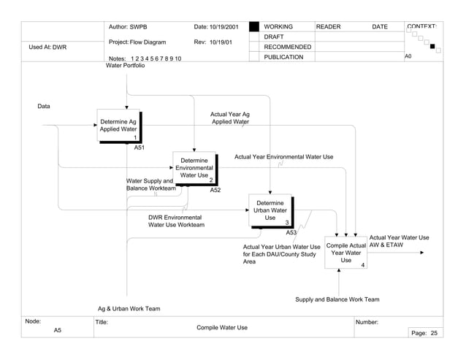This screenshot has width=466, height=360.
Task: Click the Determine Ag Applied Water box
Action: (118, 126)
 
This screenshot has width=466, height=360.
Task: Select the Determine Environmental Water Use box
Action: (194, 169)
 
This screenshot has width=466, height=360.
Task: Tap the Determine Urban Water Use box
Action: (270, 210)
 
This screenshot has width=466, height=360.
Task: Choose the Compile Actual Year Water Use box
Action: (345, 253)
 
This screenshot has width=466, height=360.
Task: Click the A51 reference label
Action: (140, 148)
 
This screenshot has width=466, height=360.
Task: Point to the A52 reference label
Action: (215, 190)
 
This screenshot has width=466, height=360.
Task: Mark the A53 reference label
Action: (291, 232)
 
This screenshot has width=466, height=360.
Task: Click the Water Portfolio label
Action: (126, 66)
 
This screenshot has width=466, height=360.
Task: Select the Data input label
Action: (44, 107)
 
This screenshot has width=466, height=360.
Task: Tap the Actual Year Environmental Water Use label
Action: (283, 157)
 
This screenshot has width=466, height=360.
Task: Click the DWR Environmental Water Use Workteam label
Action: (176, 221)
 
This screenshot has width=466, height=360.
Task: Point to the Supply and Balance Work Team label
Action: (337, 299)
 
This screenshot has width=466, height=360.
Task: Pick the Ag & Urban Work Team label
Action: (129, 309)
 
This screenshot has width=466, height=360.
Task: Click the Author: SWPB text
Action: (129, 27)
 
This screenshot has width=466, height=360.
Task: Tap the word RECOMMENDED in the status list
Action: (287, 47)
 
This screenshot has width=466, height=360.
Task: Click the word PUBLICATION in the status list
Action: (283, 58)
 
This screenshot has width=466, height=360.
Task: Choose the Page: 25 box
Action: (424, 333)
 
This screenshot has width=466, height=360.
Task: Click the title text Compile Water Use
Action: (222, 327)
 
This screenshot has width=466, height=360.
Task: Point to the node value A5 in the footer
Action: (58, 332)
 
